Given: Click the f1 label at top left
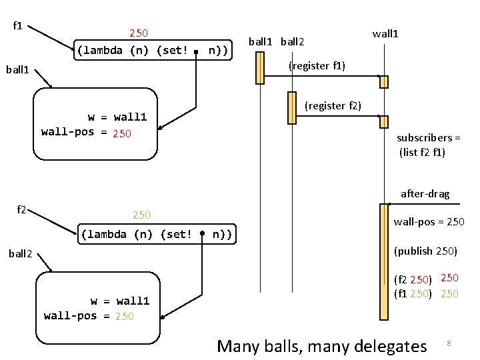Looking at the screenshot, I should pos(18,27).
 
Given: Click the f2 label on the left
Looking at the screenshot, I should pos(21,210).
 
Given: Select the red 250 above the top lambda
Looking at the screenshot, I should pos(139,32).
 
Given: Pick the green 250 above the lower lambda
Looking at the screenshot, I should pos(141,215).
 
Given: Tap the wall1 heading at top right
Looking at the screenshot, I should pos(385,33).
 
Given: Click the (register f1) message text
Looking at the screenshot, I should pos(316,66).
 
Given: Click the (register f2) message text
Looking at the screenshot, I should pos(333,105).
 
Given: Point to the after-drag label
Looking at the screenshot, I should pos(425,194).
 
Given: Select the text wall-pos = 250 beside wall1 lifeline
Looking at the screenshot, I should pos(429,221).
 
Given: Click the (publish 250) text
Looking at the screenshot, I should pos(425,251).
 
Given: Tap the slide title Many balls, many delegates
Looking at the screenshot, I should pos(321,345).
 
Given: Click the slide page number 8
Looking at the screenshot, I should pos(449,343).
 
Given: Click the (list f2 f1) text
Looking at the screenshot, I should pos(422,153).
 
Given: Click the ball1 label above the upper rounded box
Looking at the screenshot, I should pos(20,68).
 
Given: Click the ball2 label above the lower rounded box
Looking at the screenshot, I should pos(21,253).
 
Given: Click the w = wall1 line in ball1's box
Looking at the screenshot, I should pos(117,117).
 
